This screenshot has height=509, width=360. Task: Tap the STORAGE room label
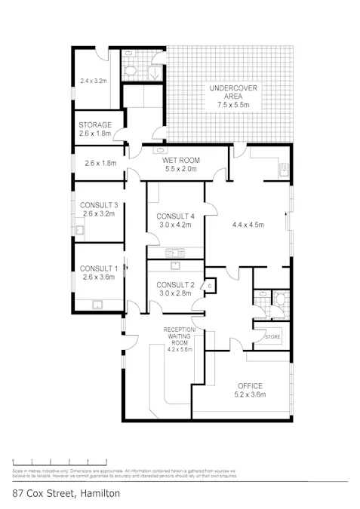(95, 125)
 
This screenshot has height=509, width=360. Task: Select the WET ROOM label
(180, 160)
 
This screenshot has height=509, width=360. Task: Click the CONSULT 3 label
(99, 205)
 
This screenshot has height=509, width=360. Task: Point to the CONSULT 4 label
(175, 217)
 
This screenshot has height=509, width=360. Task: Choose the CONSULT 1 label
(99, 268)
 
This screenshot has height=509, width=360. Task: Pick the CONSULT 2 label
(175, 284)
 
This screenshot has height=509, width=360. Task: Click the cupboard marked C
(210, 285)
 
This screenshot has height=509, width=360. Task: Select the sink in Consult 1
(98, 305)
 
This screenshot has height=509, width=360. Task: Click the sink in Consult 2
(174, 265)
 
